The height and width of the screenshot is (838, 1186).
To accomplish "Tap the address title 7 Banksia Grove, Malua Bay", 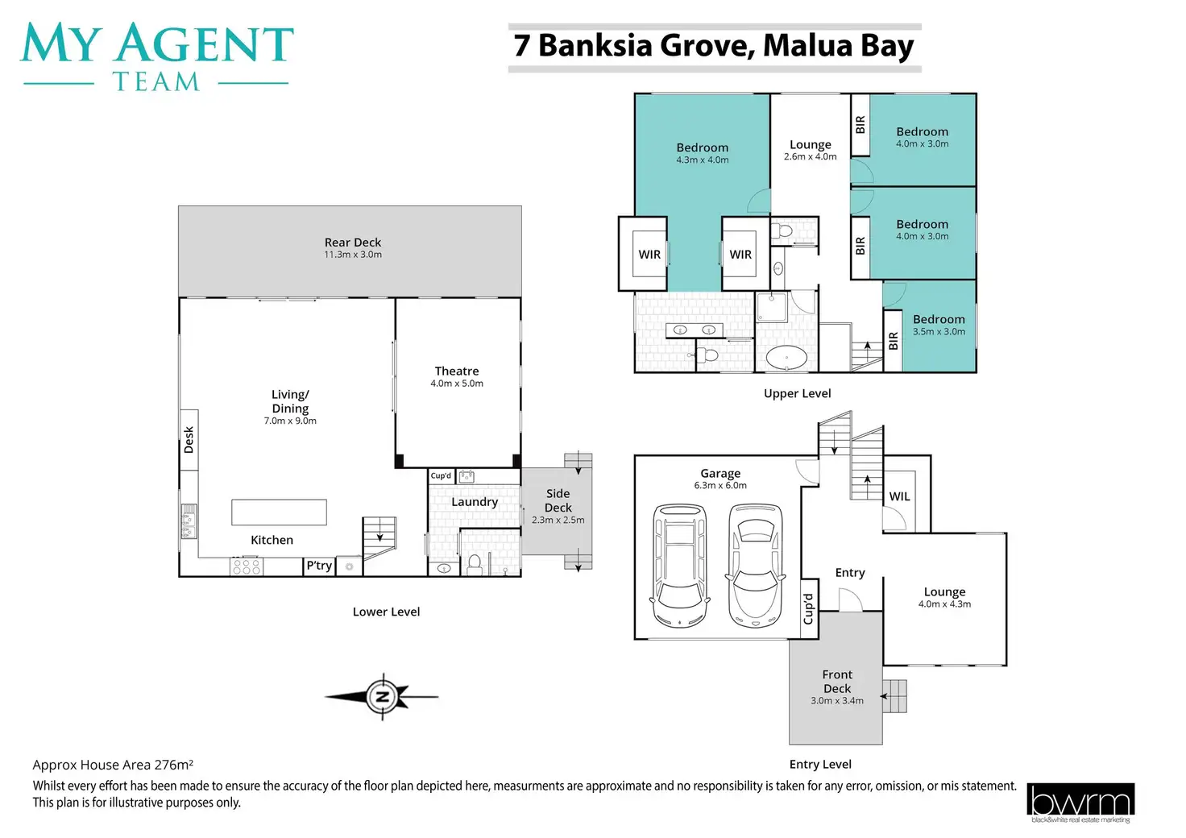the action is point(714,46).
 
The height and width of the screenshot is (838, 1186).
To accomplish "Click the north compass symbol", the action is point(383,696).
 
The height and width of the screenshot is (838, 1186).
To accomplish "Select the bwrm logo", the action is point(1080,803).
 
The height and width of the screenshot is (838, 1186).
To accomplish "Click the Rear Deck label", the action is point(353,243).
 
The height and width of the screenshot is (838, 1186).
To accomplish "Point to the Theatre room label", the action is point(457,371).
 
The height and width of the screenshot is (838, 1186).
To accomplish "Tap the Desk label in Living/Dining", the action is point(189,440).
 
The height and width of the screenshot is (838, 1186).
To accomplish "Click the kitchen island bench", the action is point(279,512).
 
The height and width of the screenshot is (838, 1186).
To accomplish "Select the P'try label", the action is point(319,566).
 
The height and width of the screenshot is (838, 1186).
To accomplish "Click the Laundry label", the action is point(475,502).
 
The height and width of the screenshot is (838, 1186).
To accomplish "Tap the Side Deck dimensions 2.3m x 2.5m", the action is point(558,521).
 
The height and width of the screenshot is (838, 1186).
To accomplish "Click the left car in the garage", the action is point(681,565).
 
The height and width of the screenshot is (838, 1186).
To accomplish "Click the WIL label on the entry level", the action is point(900,497).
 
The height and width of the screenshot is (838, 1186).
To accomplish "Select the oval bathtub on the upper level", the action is point(786,358).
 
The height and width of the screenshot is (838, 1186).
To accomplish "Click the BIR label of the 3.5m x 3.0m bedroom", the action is point(893,341).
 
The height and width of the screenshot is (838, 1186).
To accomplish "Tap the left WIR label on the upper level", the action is point(649,255).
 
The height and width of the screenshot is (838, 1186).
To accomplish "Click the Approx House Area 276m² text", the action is point(113,765).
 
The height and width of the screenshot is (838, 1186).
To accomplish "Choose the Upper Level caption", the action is point(797,393).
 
